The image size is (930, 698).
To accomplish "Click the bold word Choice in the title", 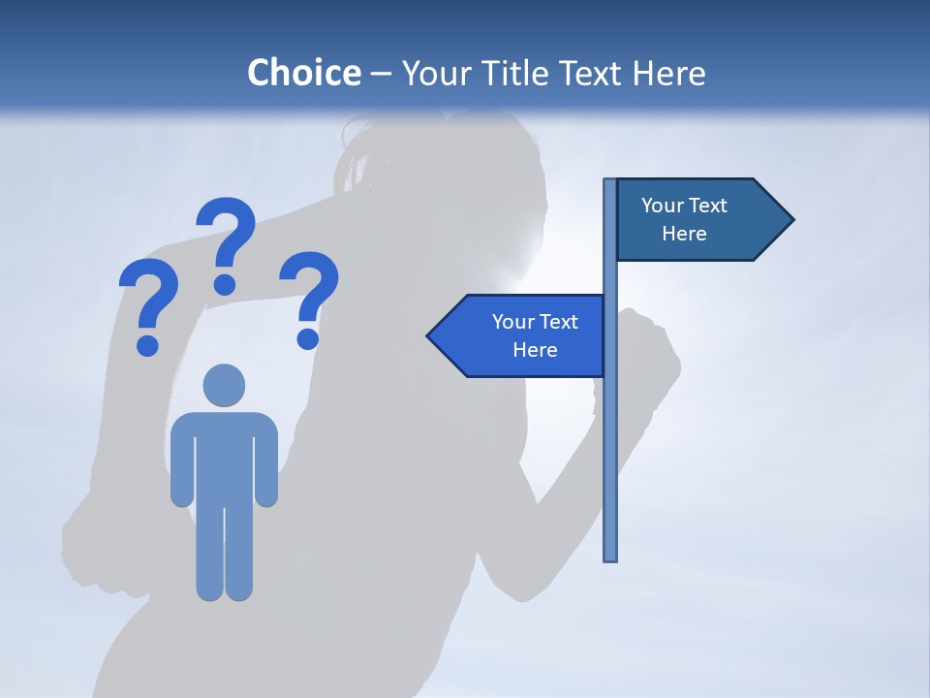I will tap(303, 73).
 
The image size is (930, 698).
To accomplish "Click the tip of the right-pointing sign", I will tap(791, 220).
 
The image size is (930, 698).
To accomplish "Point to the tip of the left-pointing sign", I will tap(429, 336).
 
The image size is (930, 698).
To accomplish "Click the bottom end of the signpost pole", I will tap(610, 557).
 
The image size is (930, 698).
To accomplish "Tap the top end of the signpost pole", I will tap(610, 182).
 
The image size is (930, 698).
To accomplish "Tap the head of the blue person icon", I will tap(224, 385).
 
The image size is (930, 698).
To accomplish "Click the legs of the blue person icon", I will tap(224, 553).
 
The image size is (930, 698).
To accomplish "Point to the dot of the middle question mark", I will tap(225, 284).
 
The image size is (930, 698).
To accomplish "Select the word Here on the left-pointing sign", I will tap(535, 350).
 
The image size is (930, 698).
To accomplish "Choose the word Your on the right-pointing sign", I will tap(663, 206).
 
